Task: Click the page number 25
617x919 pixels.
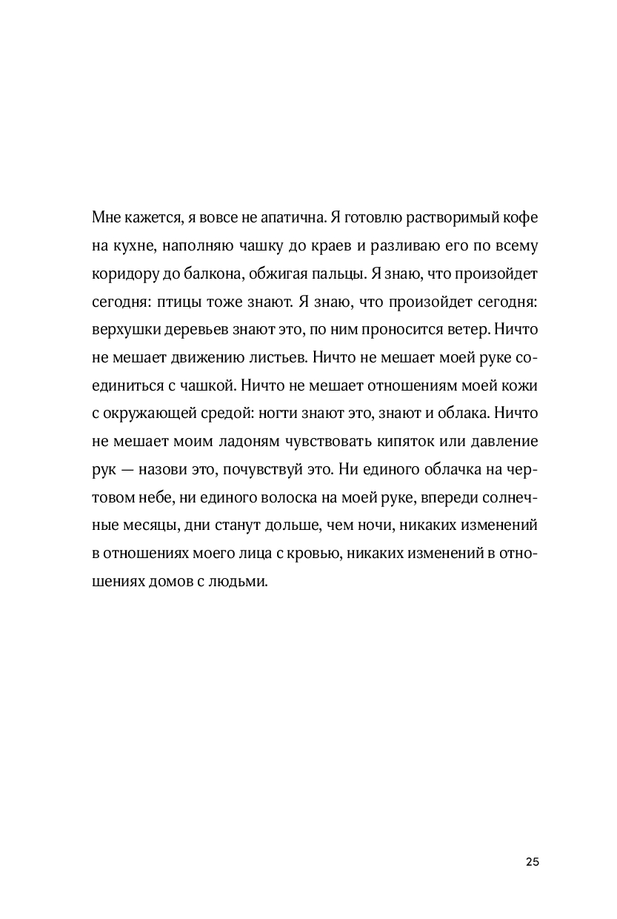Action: [x=532, y=861]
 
